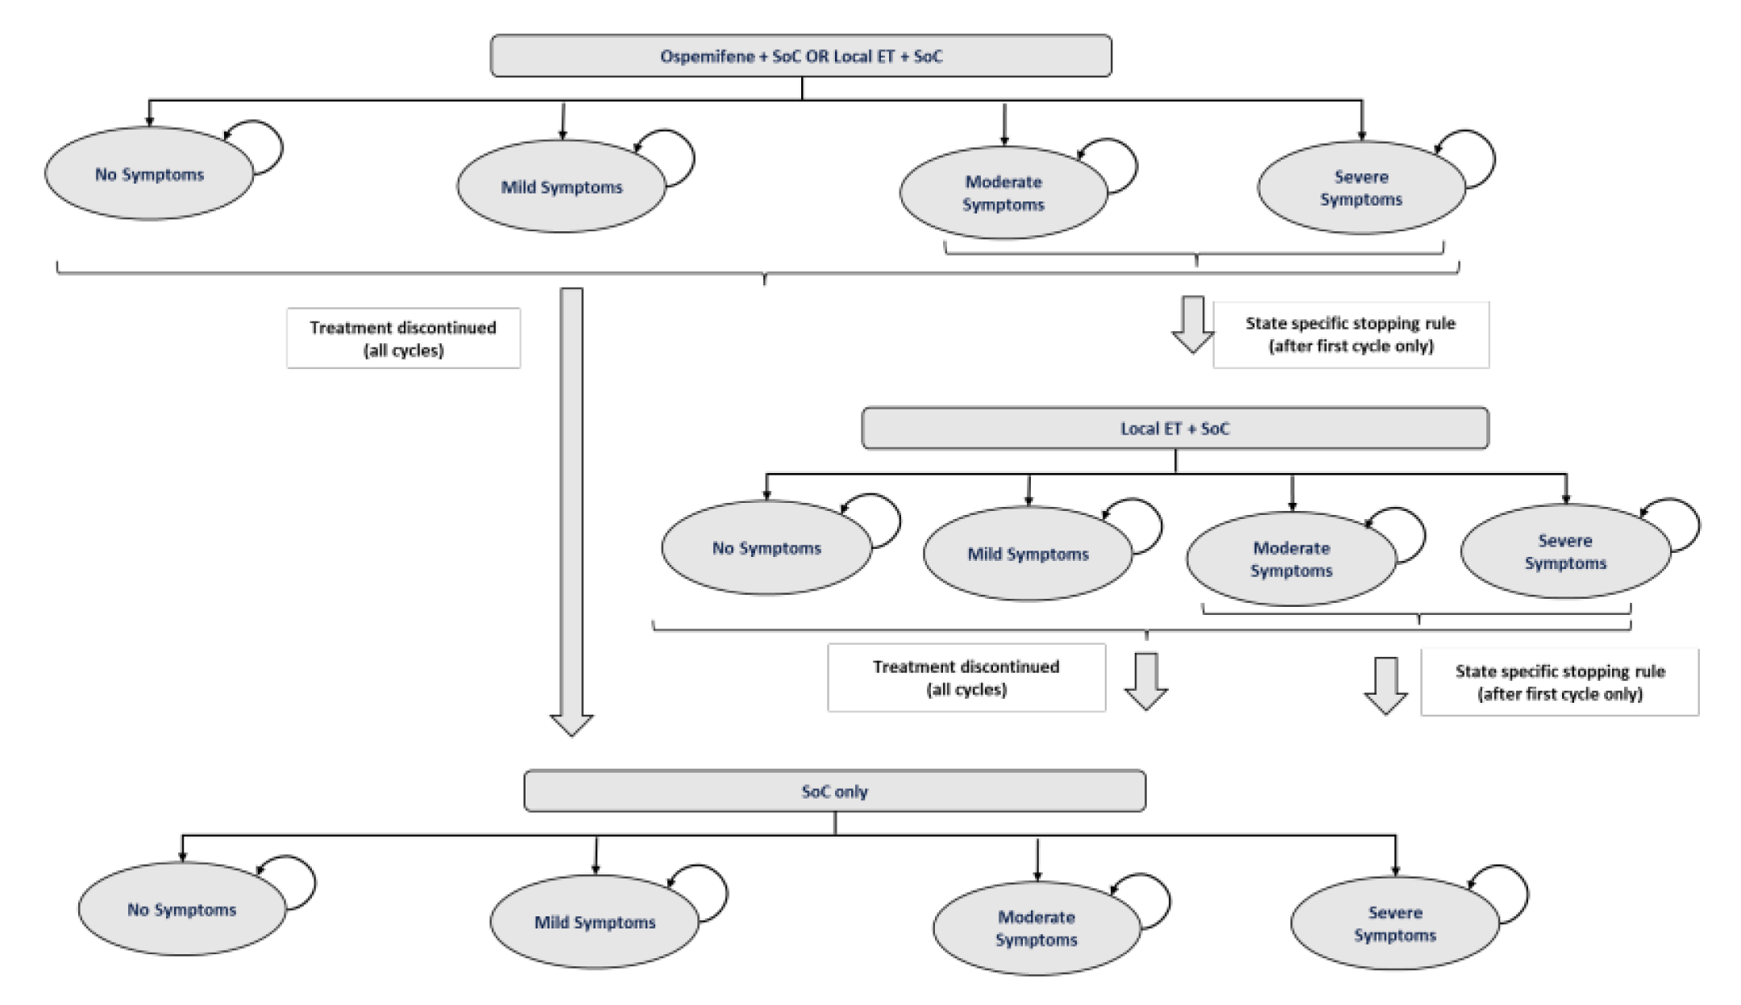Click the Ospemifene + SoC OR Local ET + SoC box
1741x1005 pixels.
tap(800, 56)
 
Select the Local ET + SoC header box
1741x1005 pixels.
tap(1174, 428)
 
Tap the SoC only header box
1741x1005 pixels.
tap(834, 791)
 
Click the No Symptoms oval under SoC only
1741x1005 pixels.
tap(181, 910)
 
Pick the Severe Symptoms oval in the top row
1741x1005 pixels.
tap(1361, 189)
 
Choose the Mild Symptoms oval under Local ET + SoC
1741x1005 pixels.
tap(1028, 554)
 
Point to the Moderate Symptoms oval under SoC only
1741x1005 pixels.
tap(1037, 928)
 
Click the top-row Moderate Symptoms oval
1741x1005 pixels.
tap(1003, 193)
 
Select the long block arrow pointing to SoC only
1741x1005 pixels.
tap(571, 508)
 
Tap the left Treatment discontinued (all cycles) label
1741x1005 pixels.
tap(403, 338)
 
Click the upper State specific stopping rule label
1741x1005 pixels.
tap(1350, 334)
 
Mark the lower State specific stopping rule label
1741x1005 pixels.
tap(1559, 683)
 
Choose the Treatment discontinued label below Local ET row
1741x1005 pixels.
tap(966, 678)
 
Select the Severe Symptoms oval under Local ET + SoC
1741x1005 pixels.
tap(1564, 552)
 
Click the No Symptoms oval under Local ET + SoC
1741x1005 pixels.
tap(766, 548)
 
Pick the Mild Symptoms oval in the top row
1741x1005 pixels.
tap(561, 187)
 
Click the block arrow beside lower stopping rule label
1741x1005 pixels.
tap(1386, 686)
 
